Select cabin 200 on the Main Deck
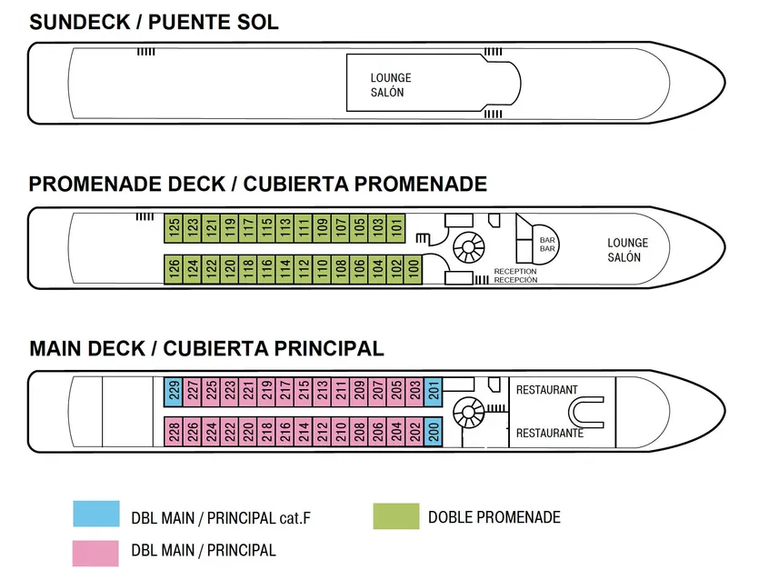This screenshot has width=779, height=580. click(x=434, y=431)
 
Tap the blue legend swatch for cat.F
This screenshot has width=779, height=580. click(x=95, y=515)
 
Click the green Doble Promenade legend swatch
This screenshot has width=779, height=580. click(x=396, y=516)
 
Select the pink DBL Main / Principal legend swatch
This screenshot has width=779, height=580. click(x=95, y=551)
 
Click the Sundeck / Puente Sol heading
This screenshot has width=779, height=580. click(x=154, y=23)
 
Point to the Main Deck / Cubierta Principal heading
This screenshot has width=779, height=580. click(x=206, y=348)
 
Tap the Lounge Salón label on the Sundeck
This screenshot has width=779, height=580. click(x=391, y=85)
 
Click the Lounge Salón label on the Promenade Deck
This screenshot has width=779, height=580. click(x=627, y=250)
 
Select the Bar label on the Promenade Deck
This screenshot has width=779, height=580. click(x=547, y=244)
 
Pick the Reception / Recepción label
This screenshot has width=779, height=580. click(x=515, y=275)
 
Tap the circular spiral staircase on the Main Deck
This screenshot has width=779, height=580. click(x=468, y=412)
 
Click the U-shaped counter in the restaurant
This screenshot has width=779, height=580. click(x=588, y=414)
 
